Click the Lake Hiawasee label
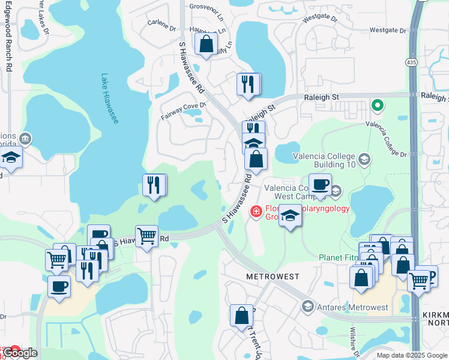coord(110,99)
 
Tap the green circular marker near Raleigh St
coord(377,106)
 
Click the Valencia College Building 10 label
coord(325,157)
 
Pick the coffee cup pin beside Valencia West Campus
coord(320,185)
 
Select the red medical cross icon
coord(256,211)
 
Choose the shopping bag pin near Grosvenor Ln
coord(206,44)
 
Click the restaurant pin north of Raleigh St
coord(249,83)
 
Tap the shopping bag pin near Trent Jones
coord(241,315)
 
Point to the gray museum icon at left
coord(26,139)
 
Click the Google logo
coord(20,353)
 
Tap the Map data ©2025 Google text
coord(411,355)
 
